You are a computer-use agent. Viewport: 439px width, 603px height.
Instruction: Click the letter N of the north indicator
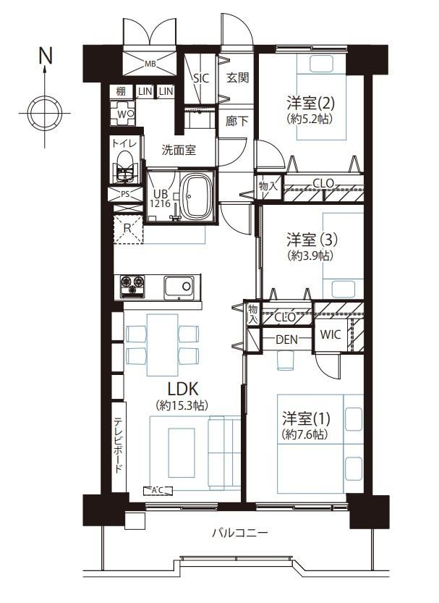46,56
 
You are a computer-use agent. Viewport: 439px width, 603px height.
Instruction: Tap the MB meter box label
150,64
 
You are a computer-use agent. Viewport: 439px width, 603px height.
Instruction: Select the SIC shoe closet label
201,78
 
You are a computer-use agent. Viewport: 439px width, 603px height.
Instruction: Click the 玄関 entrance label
237,77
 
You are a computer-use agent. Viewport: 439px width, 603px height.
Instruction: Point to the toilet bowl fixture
124,167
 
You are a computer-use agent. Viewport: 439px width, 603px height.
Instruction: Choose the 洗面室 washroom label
179,150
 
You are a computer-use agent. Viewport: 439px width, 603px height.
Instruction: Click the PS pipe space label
125,194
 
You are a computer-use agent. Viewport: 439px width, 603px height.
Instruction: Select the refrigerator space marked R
128,229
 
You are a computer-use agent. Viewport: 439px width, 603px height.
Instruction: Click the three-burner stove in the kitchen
132,287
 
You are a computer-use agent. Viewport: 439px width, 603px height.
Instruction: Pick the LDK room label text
182,389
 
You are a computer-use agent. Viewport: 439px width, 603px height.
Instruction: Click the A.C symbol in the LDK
158,490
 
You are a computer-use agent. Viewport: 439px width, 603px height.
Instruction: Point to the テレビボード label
119,445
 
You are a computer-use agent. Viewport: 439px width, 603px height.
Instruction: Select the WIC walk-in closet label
331,334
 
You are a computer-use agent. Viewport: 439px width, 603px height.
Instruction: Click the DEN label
287,340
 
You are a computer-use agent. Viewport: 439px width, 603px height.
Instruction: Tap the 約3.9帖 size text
310,256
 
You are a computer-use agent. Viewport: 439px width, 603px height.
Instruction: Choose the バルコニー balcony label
239,533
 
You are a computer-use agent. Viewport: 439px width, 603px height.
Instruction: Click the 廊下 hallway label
236,121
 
